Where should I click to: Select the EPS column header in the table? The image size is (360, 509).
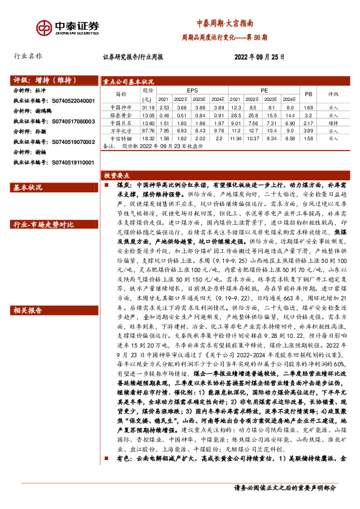[x=192, y=90]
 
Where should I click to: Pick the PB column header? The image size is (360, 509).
[x=307, y=94]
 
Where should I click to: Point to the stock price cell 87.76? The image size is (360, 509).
[x=147, y=130]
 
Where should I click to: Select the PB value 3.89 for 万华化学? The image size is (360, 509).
[x=307, y=130]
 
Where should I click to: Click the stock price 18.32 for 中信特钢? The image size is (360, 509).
[x=147, y=138]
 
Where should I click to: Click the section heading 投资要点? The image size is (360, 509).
[x=117, y=175]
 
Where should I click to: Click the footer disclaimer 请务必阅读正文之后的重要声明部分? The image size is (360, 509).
[x=284, y=487]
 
